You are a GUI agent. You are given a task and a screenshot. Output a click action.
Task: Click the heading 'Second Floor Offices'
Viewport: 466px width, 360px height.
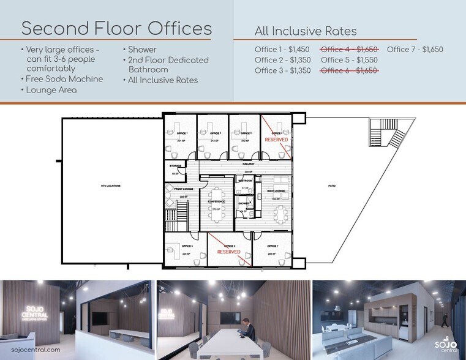click(x=116, y=28)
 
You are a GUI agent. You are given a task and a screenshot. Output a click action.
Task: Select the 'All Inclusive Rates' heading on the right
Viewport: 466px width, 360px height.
click(x=305, y=31)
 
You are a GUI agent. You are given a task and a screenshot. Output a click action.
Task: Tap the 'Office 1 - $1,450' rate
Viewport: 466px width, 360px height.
click(x=282, y=50)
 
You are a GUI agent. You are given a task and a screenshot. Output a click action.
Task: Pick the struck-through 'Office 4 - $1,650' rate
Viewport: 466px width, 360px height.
click(x=349, y=50)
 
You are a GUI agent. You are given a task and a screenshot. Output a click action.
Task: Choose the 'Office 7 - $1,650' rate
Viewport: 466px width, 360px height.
click(x=415, y=50)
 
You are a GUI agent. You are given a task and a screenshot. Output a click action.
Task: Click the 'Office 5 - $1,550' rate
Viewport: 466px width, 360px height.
click(x=349, y=60)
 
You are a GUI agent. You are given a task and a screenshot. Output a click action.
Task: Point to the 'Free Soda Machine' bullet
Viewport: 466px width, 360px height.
click(x=64, y=79)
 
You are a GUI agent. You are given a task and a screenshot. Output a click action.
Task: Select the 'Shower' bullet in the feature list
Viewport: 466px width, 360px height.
click(x=141, y=50)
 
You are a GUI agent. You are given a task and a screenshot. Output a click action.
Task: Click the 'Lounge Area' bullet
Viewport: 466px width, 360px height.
click(x=52, y=89)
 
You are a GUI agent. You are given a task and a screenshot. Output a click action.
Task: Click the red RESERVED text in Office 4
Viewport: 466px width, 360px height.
click(x=276, y=140)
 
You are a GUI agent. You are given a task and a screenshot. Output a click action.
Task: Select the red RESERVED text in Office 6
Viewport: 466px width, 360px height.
click(x=228, y=252)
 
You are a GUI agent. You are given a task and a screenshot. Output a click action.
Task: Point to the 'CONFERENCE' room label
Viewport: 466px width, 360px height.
click(x=216, y=201)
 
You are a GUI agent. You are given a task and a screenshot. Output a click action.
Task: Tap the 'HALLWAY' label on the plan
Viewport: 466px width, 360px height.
click(x=248, y=164)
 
